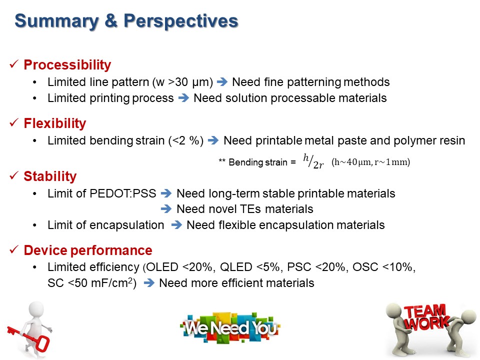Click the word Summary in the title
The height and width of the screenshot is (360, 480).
tap(56, 21)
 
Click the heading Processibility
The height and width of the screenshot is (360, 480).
tap(67, 65)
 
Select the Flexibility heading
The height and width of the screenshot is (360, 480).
tap(55, 123)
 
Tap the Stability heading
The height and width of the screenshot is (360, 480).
tap(50, 176)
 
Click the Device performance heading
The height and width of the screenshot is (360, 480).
tap(88, 250)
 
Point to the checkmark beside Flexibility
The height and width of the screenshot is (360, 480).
tap(14, 123)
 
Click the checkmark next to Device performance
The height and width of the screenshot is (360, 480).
tap(14, 249)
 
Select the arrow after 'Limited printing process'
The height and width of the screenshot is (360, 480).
tap(183, 98)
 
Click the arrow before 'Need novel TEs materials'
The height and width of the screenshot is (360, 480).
tap(166, 209)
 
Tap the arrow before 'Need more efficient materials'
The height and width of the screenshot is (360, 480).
tap(149, 283)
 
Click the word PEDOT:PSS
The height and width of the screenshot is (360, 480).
tap(123, 193)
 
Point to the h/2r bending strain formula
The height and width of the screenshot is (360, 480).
tap(313, 161)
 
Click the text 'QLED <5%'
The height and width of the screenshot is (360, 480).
tap(250, 267)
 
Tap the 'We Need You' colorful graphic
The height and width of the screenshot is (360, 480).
tap(230, 328)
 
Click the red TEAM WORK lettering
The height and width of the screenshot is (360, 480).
tap(426, 317)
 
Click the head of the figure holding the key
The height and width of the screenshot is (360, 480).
tap(36, 309)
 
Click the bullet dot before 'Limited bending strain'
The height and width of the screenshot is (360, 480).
tap(35, 141)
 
